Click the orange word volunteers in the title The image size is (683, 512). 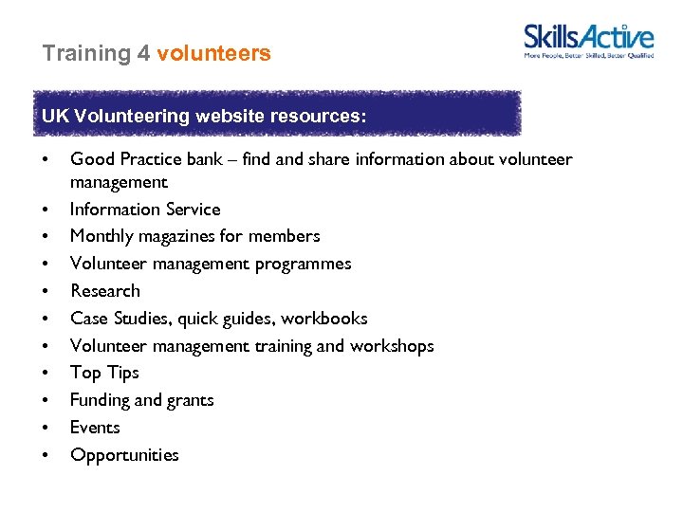[213, 54]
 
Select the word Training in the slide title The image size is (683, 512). [86, 54]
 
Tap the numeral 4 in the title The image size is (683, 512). [143, 54]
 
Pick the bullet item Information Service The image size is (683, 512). [145, 210]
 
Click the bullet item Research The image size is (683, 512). [105, 291]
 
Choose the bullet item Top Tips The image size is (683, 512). [104, 373]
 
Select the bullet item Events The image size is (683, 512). [95, 428]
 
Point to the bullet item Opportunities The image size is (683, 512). [124, 455]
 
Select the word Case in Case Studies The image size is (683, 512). [88, 319]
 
